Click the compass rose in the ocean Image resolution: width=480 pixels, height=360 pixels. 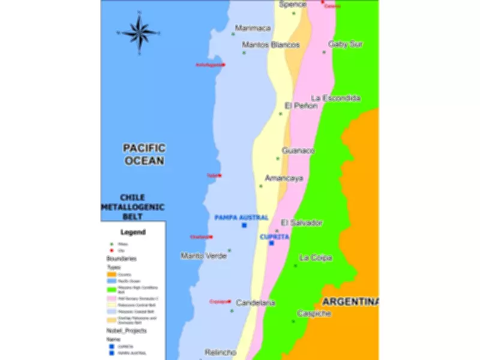pos(140,32)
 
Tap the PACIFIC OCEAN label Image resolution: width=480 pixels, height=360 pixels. pos(144,154)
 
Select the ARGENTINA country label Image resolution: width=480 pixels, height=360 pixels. pos(350,301)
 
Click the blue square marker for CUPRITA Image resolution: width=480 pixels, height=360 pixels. pos(271,243)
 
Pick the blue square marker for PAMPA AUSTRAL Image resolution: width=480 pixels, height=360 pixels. pos(244,225)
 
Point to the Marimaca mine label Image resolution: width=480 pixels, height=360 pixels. pos(253,28)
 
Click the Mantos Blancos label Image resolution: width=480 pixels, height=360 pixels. pos(271,45)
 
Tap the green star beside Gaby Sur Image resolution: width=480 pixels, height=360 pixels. pos(324,52)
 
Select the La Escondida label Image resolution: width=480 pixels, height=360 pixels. pos(335,98)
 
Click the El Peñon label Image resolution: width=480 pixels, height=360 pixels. pos(301,106)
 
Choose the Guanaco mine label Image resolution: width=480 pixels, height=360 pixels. pos(298,151)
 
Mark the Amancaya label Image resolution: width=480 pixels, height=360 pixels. pos(284,178)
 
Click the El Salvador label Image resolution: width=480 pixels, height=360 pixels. pos(302,223)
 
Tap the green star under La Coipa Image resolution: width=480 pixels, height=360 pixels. pos(295,265)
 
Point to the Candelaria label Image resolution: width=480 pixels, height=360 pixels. pos(256,303)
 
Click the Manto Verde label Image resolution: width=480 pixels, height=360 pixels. pos(203,256)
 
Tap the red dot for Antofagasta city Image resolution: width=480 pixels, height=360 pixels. pos(224,65)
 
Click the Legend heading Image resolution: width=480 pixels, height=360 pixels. pos(133,232)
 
